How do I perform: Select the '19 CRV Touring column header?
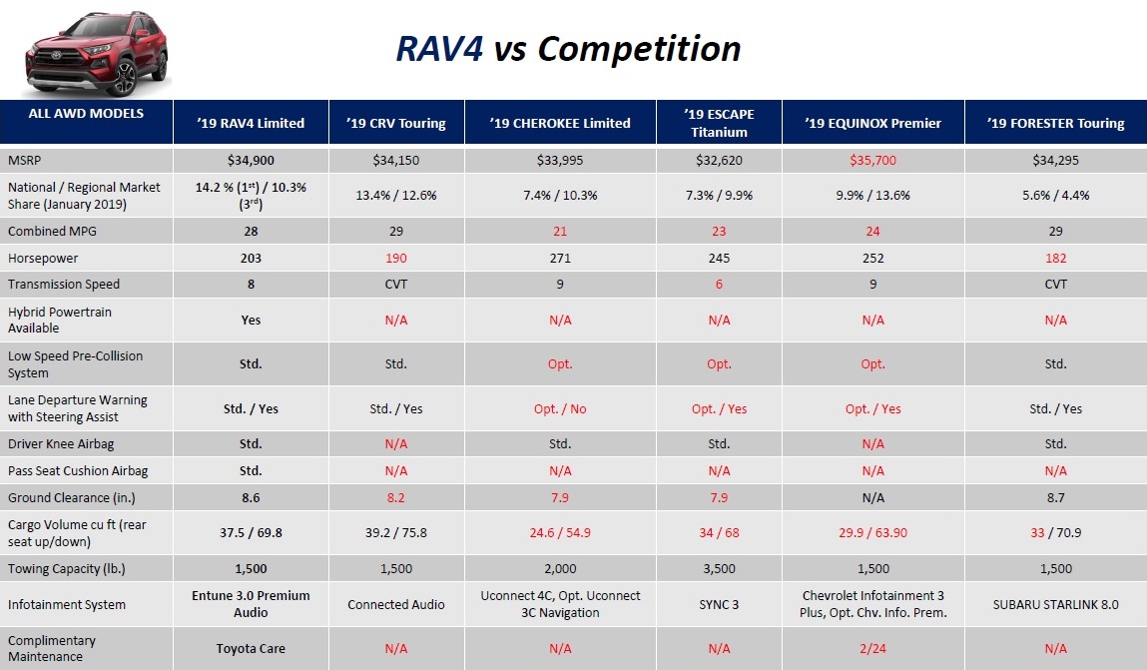(x=396, y=123)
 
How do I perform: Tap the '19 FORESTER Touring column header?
(x=1055, y=123)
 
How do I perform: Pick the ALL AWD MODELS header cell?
(x=86, y=113)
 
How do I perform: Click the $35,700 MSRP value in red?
(x=872, y=160)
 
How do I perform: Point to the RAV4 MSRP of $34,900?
(x=251, y=160)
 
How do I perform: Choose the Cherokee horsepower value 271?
(x=560, y=258)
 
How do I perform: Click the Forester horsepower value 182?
(x=1055, y=258)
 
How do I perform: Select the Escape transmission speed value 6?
(x=719, y=284)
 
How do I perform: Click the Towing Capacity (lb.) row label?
(x=67, y=568)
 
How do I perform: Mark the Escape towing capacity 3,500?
(x=719, y=568)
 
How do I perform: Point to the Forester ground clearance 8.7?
(x=1055, y=497)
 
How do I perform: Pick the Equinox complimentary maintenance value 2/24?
(x=872, y=648)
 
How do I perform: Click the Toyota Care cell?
(x=251, y=648)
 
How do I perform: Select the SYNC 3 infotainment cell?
(x=719, y=604)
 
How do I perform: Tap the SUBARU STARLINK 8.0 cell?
(x=1055, y=604)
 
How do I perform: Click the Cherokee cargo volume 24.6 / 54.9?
(x=560, y=532)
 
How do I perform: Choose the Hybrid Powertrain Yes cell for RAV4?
(x=251, y=320)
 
